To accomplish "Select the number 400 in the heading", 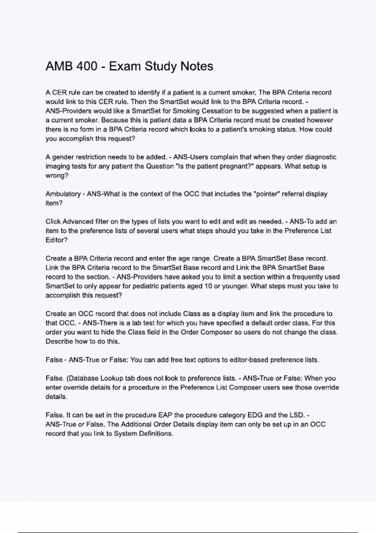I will coord(86,66).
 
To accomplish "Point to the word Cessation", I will coord(217,111).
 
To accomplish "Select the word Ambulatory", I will coord(63,194).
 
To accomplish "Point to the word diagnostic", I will coord(321,157).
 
